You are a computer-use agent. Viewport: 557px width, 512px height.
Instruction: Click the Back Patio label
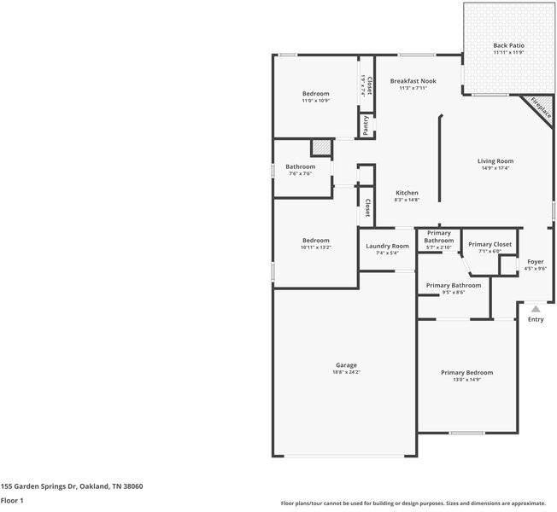click(508, 45)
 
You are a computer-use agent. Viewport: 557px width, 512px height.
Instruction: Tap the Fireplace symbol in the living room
click(538, 108)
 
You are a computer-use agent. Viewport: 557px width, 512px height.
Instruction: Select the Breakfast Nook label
click(413, 81)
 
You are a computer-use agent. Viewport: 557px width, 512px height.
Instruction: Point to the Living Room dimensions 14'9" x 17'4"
click(495, 168)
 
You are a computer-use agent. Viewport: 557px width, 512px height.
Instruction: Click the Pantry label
click(366, 125)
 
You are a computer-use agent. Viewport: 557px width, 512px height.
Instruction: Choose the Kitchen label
click(407, 193)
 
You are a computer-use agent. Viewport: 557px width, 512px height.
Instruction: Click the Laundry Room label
click(387, 246)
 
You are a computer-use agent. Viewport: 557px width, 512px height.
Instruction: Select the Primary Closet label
click(490, 244)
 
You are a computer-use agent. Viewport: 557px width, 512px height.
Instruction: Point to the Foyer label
click(535, 261)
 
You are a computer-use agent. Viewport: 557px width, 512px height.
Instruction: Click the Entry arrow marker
click(535, 309)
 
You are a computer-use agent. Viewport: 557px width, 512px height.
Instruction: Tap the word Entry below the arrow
click(535, 320)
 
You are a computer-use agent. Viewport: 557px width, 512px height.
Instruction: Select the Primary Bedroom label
click(466, 372)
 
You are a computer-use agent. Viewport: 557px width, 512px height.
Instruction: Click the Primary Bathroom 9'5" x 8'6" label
click(453, 285)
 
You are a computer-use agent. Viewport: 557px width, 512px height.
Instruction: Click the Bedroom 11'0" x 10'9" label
click(315, 93)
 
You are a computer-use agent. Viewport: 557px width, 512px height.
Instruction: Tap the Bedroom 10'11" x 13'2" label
click(315, 241)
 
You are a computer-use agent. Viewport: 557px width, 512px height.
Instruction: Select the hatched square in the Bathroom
click(320, 147)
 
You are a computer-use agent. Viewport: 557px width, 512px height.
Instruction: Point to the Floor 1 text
click(12, 500)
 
